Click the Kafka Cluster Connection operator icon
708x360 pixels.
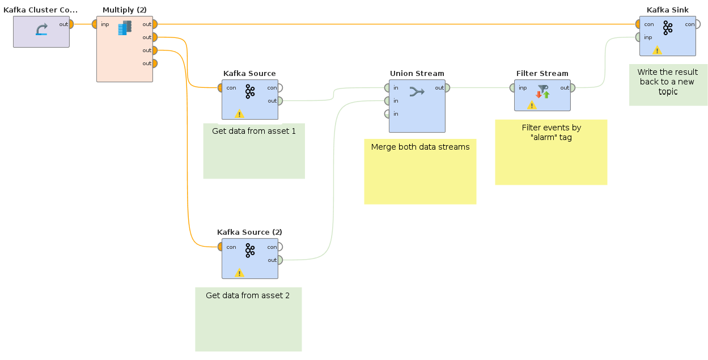tap(41, 30)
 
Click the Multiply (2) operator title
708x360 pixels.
tap(124, 10)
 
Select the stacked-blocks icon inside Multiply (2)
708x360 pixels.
tap(125, 28)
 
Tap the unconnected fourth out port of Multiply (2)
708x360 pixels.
tap(154, 63)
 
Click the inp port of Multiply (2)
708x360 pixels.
tap(95, 24)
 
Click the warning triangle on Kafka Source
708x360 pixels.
tap(239, 113)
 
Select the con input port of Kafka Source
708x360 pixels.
tap(221, 88)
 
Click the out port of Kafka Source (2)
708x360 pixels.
tap(280, 260)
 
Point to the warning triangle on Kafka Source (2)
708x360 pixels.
tap(239, 273)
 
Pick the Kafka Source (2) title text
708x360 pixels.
tap(249, 232)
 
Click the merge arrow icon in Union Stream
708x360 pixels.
tap(417, 91)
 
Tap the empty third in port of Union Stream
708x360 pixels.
tap(387, 114)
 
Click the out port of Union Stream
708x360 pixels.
tap(447, 88)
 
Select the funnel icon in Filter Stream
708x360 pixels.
tap(542, 89)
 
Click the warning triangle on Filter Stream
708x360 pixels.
tap(532, 105)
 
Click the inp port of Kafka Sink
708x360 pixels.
tap(638, 37)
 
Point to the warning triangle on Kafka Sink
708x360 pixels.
tap(657, 50)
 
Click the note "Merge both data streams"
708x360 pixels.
tap(420, 147)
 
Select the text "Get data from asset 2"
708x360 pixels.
tap(248, 295)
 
